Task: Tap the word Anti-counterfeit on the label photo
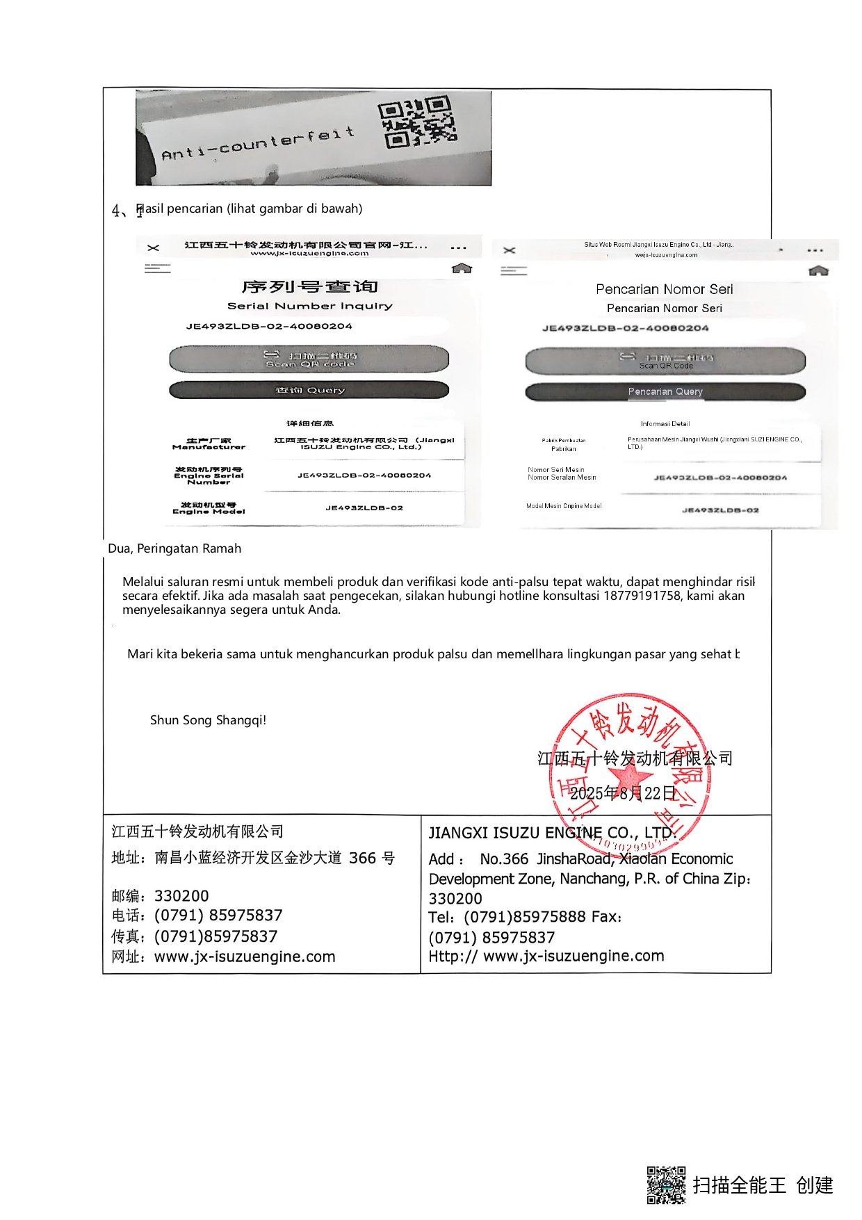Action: tap(258, 143)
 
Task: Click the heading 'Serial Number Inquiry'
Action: tap(309, 306)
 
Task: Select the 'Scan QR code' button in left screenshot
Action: tap(309, 359)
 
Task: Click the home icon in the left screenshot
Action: tap(462, 268)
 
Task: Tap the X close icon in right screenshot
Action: tap(510, 250)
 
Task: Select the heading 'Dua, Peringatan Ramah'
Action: tap(174, 548)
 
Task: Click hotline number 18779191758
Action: tap(642, 596)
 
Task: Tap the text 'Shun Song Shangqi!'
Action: tap(208, 720)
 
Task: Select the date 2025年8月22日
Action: tap(623, 793)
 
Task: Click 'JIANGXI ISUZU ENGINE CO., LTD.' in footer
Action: tap(552, 833)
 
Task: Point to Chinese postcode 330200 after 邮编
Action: tap(181, 896)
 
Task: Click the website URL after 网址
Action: tap(245, 957)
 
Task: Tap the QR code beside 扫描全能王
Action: tap(666, 1185)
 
